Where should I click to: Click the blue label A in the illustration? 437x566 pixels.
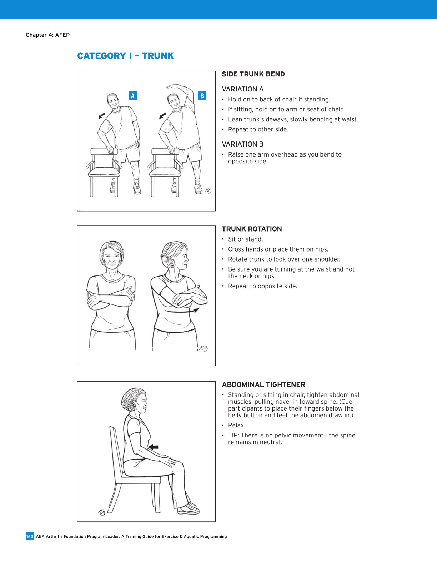132,96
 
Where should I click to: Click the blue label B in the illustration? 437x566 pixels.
202,96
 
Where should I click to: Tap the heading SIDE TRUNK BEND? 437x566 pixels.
253,74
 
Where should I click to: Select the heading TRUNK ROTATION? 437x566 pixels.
252,229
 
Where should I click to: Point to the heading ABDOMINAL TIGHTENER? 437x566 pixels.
263,385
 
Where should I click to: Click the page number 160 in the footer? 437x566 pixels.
30,536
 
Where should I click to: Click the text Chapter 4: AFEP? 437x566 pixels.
47,35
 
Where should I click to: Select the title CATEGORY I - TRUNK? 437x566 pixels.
125,56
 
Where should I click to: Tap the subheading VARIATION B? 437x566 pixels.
242,144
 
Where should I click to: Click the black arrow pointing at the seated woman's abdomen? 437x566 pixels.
153,447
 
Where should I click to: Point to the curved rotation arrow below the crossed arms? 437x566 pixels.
182,311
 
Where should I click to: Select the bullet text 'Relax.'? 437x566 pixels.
237,425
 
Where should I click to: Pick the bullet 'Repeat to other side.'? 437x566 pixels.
258,129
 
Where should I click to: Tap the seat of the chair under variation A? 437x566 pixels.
104,172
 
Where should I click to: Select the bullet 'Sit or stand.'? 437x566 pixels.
245,239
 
